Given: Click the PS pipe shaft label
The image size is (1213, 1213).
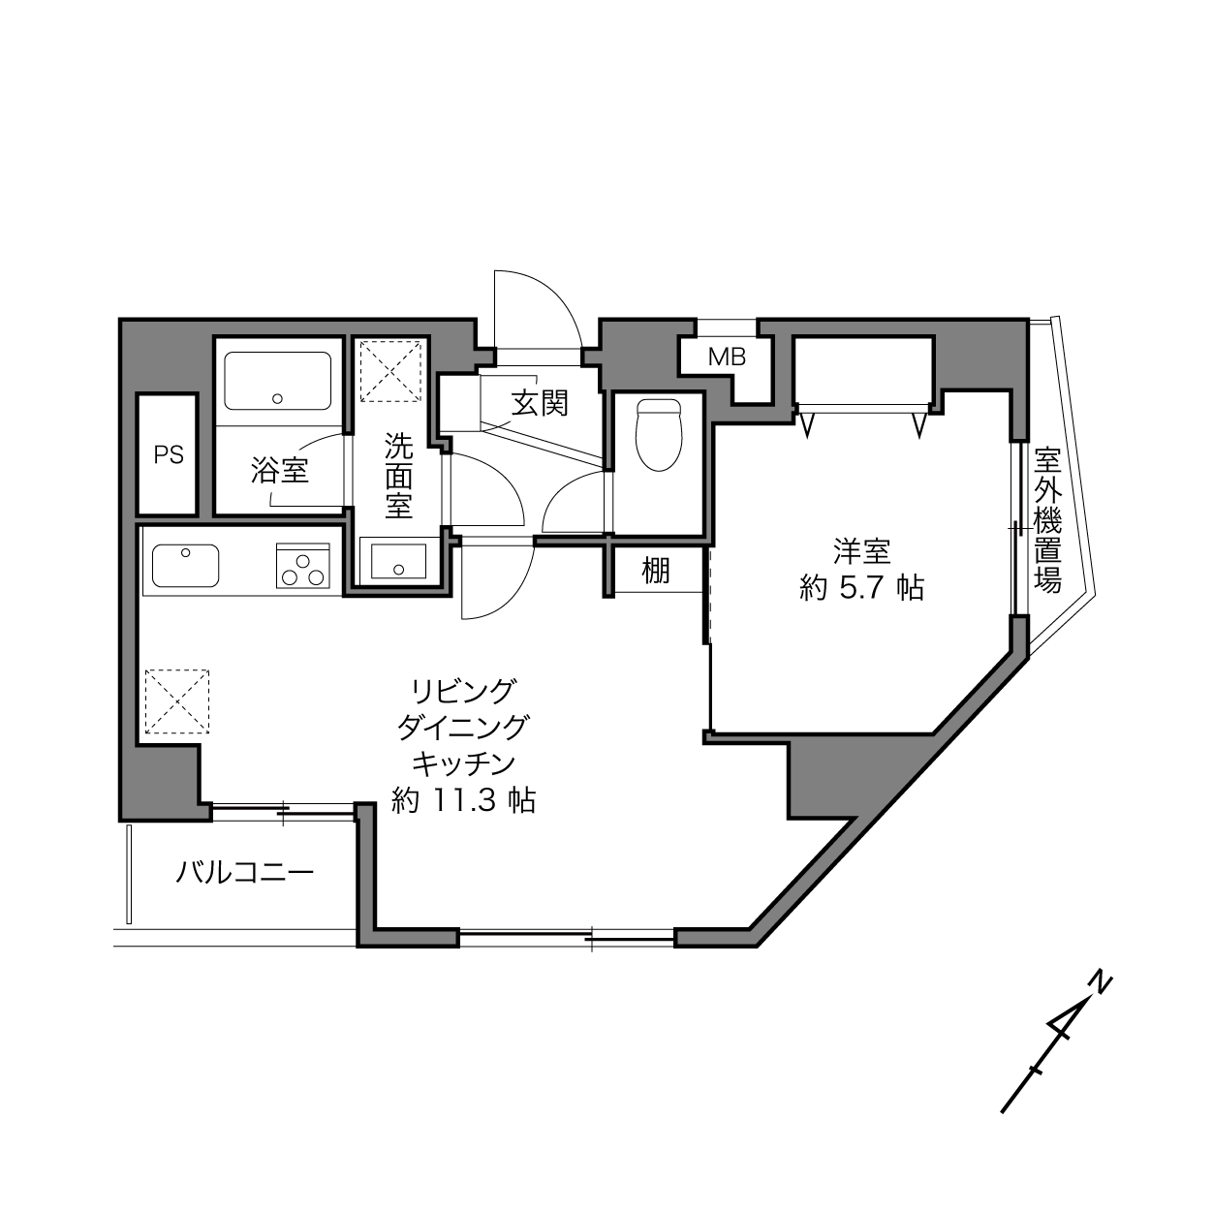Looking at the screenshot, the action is click(x=169, y=455).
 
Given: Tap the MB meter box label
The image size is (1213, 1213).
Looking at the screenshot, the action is click(x=727, y=358).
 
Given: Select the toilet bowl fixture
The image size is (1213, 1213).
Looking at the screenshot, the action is click(x=659, y=435).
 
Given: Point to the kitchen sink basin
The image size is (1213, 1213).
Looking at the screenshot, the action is click(x=185, y=566).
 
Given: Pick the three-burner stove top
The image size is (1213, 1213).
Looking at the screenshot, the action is click(x=303, y=565).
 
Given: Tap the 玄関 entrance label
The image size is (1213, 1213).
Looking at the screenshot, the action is click(x=540, y=403).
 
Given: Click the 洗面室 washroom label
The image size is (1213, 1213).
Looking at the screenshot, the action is click(x=399, y=476).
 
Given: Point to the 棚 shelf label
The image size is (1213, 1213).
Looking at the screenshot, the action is click(x=656, y=571).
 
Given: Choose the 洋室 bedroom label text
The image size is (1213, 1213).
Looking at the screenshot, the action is click(x=861, y=551).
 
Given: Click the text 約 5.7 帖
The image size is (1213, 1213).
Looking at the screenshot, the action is click(x=861, y=588).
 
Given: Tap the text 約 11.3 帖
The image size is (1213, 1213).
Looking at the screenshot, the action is click(x=464, y=801).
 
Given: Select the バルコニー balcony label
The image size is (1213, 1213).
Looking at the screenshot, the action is click(x=244, y=873).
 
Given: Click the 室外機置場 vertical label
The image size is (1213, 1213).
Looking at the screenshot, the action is click(x=1048, y=520).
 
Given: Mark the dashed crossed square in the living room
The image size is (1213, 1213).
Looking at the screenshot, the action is click(x=177, y=701).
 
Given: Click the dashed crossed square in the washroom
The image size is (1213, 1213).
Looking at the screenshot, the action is click(x=390, y=371).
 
